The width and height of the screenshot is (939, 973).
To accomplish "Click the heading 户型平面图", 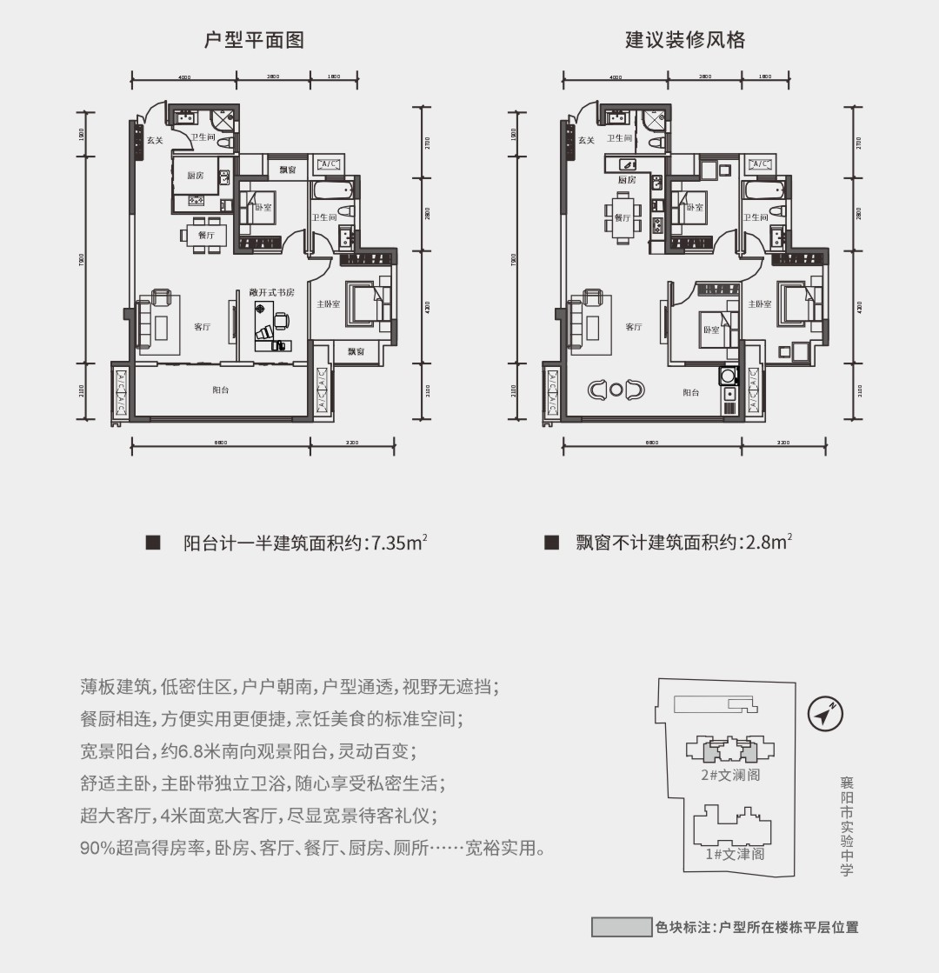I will [x=254, y=40].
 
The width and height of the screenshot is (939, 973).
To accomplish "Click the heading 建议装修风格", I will [x=685, y=40].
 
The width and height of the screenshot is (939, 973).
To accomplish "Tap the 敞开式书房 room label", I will [x=272, y=292].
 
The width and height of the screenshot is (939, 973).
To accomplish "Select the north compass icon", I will [x=825, y=714].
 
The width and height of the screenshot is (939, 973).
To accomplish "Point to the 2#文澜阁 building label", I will [x=730, y=775].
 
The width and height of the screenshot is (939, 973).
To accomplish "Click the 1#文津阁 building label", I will [x=735, y=854].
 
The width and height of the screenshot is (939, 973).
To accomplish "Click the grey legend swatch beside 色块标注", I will [x=621, y=927].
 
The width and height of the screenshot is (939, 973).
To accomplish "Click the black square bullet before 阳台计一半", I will [x=153, y=543].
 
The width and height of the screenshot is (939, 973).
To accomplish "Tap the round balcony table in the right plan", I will [x=616, y=390].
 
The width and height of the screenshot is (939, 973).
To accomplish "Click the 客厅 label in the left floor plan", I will [x=203, y=327].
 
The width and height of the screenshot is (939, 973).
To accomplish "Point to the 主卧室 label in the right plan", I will [x=760, y=304].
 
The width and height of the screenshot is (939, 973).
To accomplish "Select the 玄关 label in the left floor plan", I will [x=154, y=140].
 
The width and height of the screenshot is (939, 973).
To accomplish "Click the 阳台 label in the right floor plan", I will [x=691, y=393].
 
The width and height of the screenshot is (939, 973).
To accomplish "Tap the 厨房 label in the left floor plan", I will [x=196, y=176].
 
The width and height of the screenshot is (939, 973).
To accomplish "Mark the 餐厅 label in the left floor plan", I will [x=206, y=235].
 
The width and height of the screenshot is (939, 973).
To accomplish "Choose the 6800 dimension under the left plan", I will [x=220, y=443].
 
